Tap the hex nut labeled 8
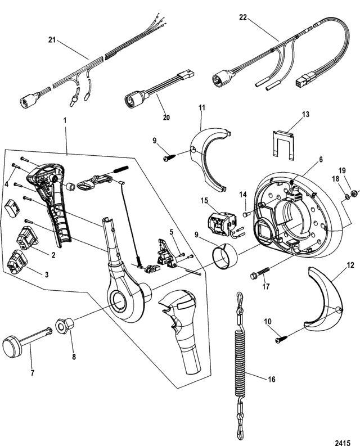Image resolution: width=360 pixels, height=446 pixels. tap(62, 325)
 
